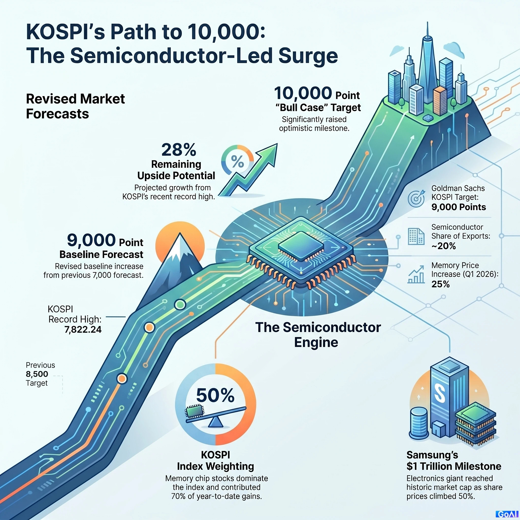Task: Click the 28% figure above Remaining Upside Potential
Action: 179,150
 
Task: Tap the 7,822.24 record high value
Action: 83,329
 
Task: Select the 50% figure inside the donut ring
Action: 215,395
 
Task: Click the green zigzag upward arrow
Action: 248,169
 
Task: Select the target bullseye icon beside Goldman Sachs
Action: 416,198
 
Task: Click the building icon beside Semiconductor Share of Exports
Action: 416,236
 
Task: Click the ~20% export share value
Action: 444,246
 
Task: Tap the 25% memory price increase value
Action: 441,284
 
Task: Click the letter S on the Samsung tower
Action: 439,393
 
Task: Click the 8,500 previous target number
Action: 37,374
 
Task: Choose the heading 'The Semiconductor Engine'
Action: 318,335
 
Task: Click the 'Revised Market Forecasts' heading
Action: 75,106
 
